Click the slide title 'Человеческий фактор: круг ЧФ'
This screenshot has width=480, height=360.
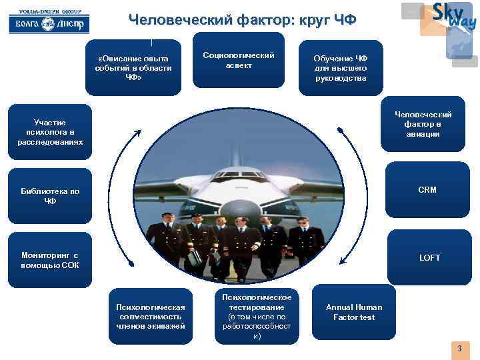[x=243, y=21]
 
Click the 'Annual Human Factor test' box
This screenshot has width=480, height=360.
[x=354, y=312]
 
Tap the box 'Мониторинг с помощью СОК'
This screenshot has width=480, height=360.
[x=50, y=260]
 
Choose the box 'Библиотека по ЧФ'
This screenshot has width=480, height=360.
[x=50, y=196]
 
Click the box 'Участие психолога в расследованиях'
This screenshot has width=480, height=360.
[x=50, y=132]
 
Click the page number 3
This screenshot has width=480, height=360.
[x=459, y=349]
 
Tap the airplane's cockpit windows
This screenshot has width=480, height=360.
[x=241, y=175]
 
